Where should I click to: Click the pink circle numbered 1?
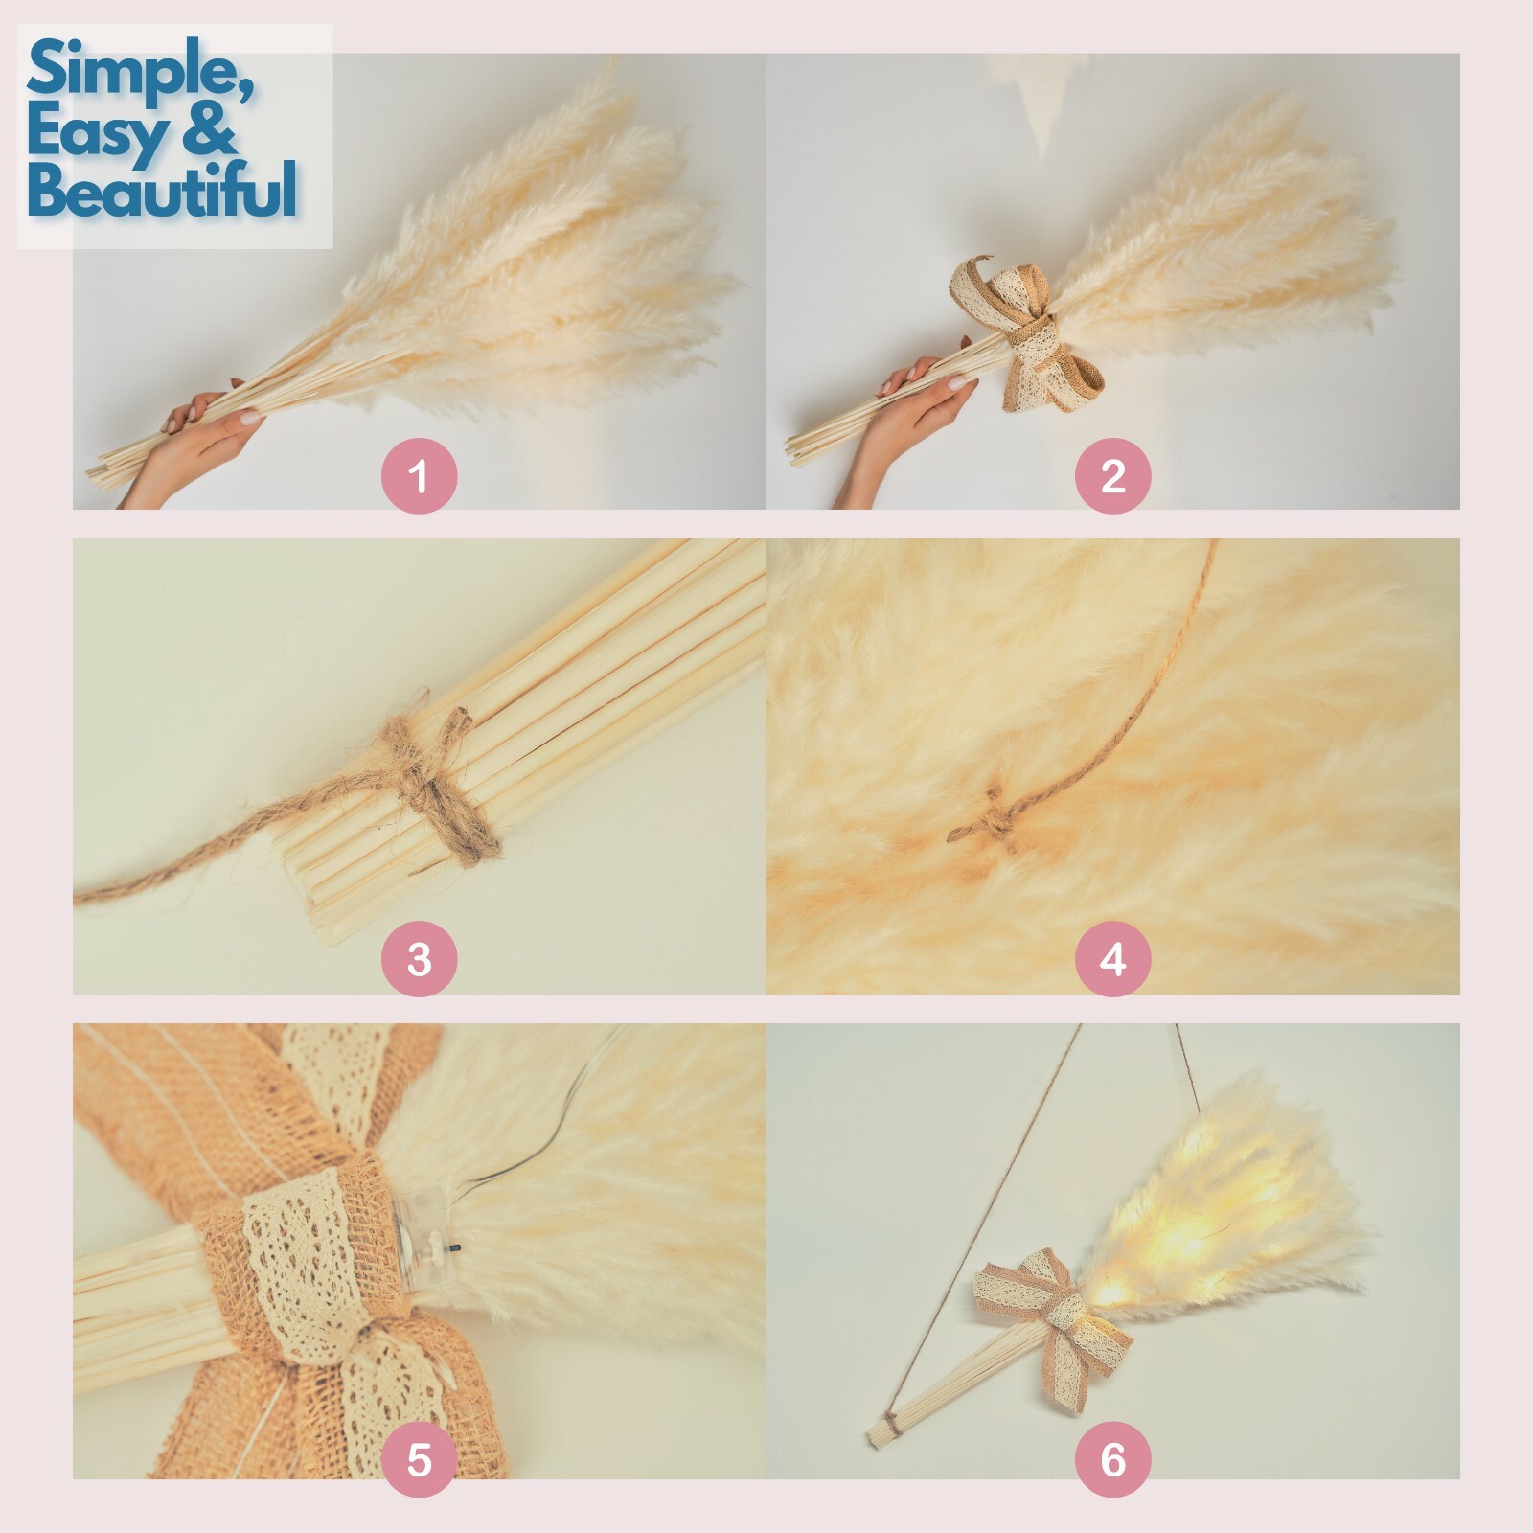[419, 475]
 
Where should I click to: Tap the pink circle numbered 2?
[1112, 475]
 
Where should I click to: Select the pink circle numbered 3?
[419, 959]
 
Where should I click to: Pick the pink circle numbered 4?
[1112, 959]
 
